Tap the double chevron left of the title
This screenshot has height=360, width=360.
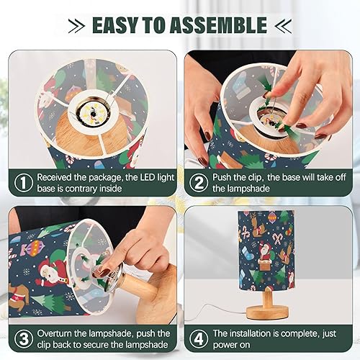click(x=77, y=27)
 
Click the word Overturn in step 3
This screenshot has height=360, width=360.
click(x=55, y=334)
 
